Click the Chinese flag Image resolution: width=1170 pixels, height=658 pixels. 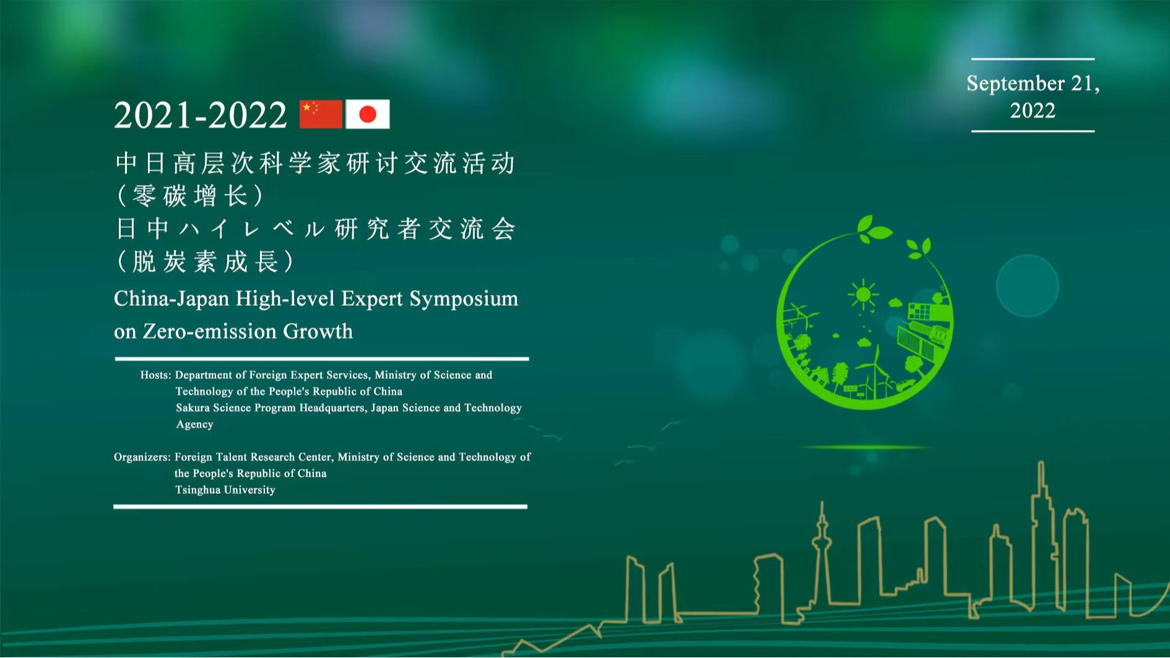[321, 115]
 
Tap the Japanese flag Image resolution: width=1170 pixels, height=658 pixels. [368, 115]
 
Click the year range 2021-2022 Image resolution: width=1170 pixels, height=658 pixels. [201, 115]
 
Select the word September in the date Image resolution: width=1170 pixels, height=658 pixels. [1015, 84]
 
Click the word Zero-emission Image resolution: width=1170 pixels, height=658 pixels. [210, 332]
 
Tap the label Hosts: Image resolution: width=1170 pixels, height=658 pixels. [155, 375]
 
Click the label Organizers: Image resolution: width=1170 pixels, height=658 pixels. [142, 457]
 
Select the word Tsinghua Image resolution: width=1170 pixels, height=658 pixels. [197, 490]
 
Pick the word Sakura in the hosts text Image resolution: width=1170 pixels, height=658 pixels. [193, 408]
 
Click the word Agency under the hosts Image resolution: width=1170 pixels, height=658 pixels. [194, 425]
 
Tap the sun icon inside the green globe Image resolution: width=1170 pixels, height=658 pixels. [863, 295]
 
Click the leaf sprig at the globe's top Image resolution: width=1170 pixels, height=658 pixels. [873, 229]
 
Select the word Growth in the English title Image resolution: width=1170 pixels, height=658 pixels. [318, 332]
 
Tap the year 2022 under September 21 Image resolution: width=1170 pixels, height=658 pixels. [1033, 111]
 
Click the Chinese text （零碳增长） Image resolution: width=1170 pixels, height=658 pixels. [191, 196]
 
